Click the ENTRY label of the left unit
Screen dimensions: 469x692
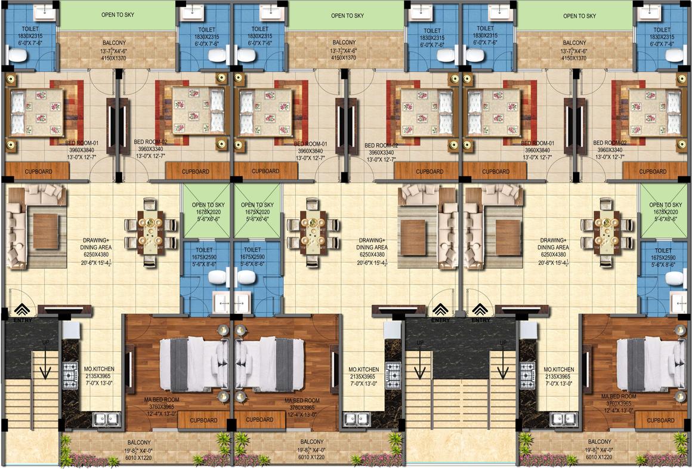(22, 320)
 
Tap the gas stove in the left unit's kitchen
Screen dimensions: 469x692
(70, 375)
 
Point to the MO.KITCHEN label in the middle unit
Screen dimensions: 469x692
(364, 369)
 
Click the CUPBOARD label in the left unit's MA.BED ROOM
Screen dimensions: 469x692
(203, 420)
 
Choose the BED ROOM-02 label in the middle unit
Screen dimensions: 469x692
(381, 145)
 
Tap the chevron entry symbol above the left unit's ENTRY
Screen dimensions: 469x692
(22, 309)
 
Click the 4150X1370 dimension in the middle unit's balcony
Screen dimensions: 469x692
(344, 58)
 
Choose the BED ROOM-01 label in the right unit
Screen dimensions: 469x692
(538, 143)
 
